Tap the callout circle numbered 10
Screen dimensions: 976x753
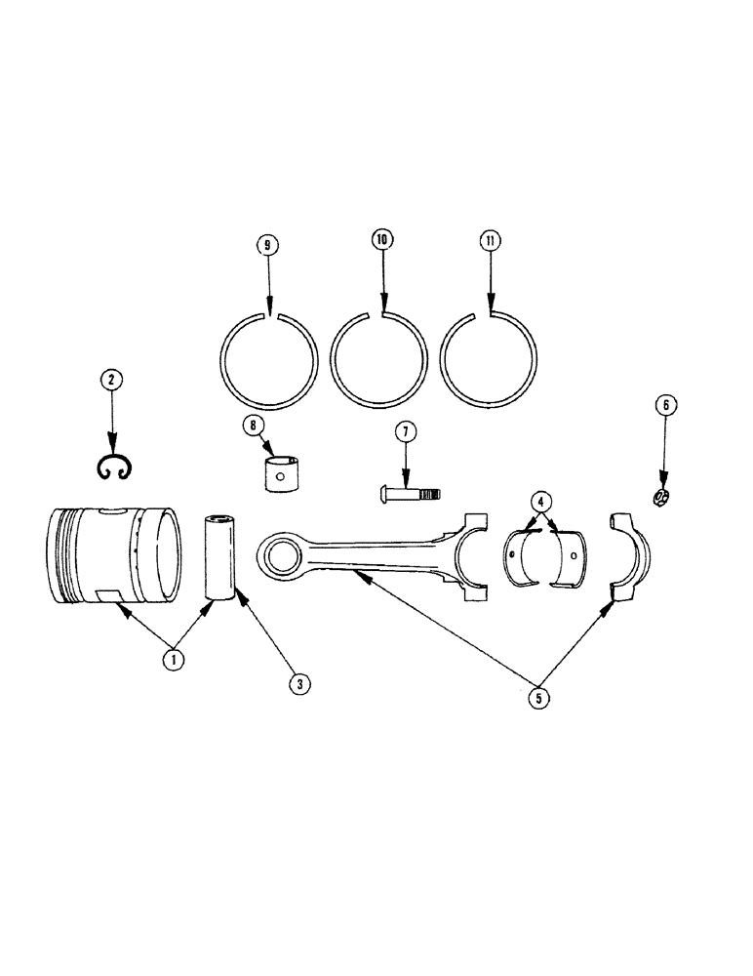(381, 238)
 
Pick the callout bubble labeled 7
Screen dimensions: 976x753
(402, 430)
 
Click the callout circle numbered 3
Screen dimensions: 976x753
(301, 684)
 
